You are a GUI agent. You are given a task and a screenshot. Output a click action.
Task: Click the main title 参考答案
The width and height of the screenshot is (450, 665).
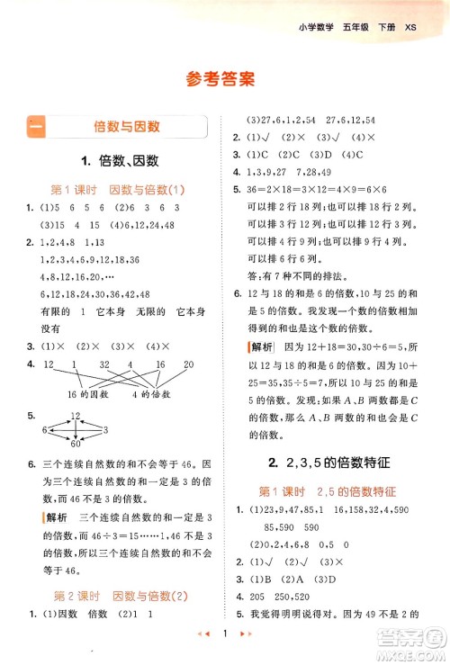click(x=224, y=78)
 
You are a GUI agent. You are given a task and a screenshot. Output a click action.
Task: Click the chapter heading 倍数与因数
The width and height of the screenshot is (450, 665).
click(x=126, y=127)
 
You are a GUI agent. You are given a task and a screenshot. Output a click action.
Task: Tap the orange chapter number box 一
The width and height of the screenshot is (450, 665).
click(x=36, y=127)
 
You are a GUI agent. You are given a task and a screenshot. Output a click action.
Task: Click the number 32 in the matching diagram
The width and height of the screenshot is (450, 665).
click(x=104, y=364)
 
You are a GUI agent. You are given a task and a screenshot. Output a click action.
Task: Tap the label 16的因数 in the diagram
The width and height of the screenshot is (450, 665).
click(x=88, y=396)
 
